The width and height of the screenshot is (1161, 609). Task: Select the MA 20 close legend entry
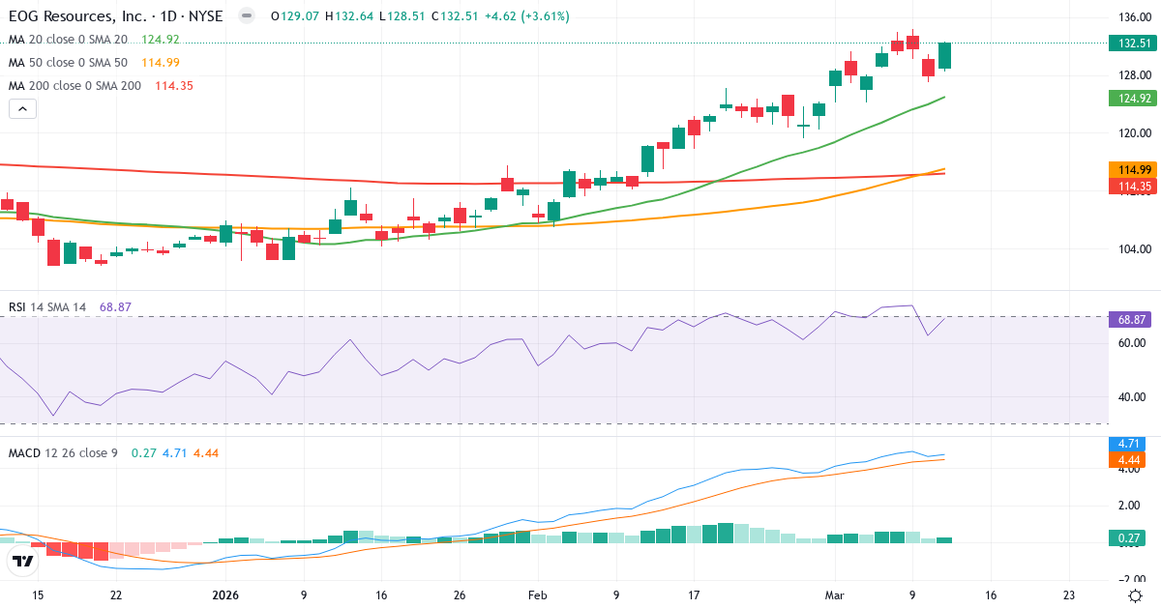pos(68,40)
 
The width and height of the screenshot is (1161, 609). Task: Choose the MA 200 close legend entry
pos(74,86)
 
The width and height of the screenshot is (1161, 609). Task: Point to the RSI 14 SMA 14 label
pos(47,307)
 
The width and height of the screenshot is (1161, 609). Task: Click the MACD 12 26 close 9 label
pos(63,452)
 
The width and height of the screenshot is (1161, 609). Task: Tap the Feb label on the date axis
pos(539,595)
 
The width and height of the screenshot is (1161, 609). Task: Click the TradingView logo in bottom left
pos(23,561)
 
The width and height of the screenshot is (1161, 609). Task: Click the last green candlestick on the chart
pos(944,55)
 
